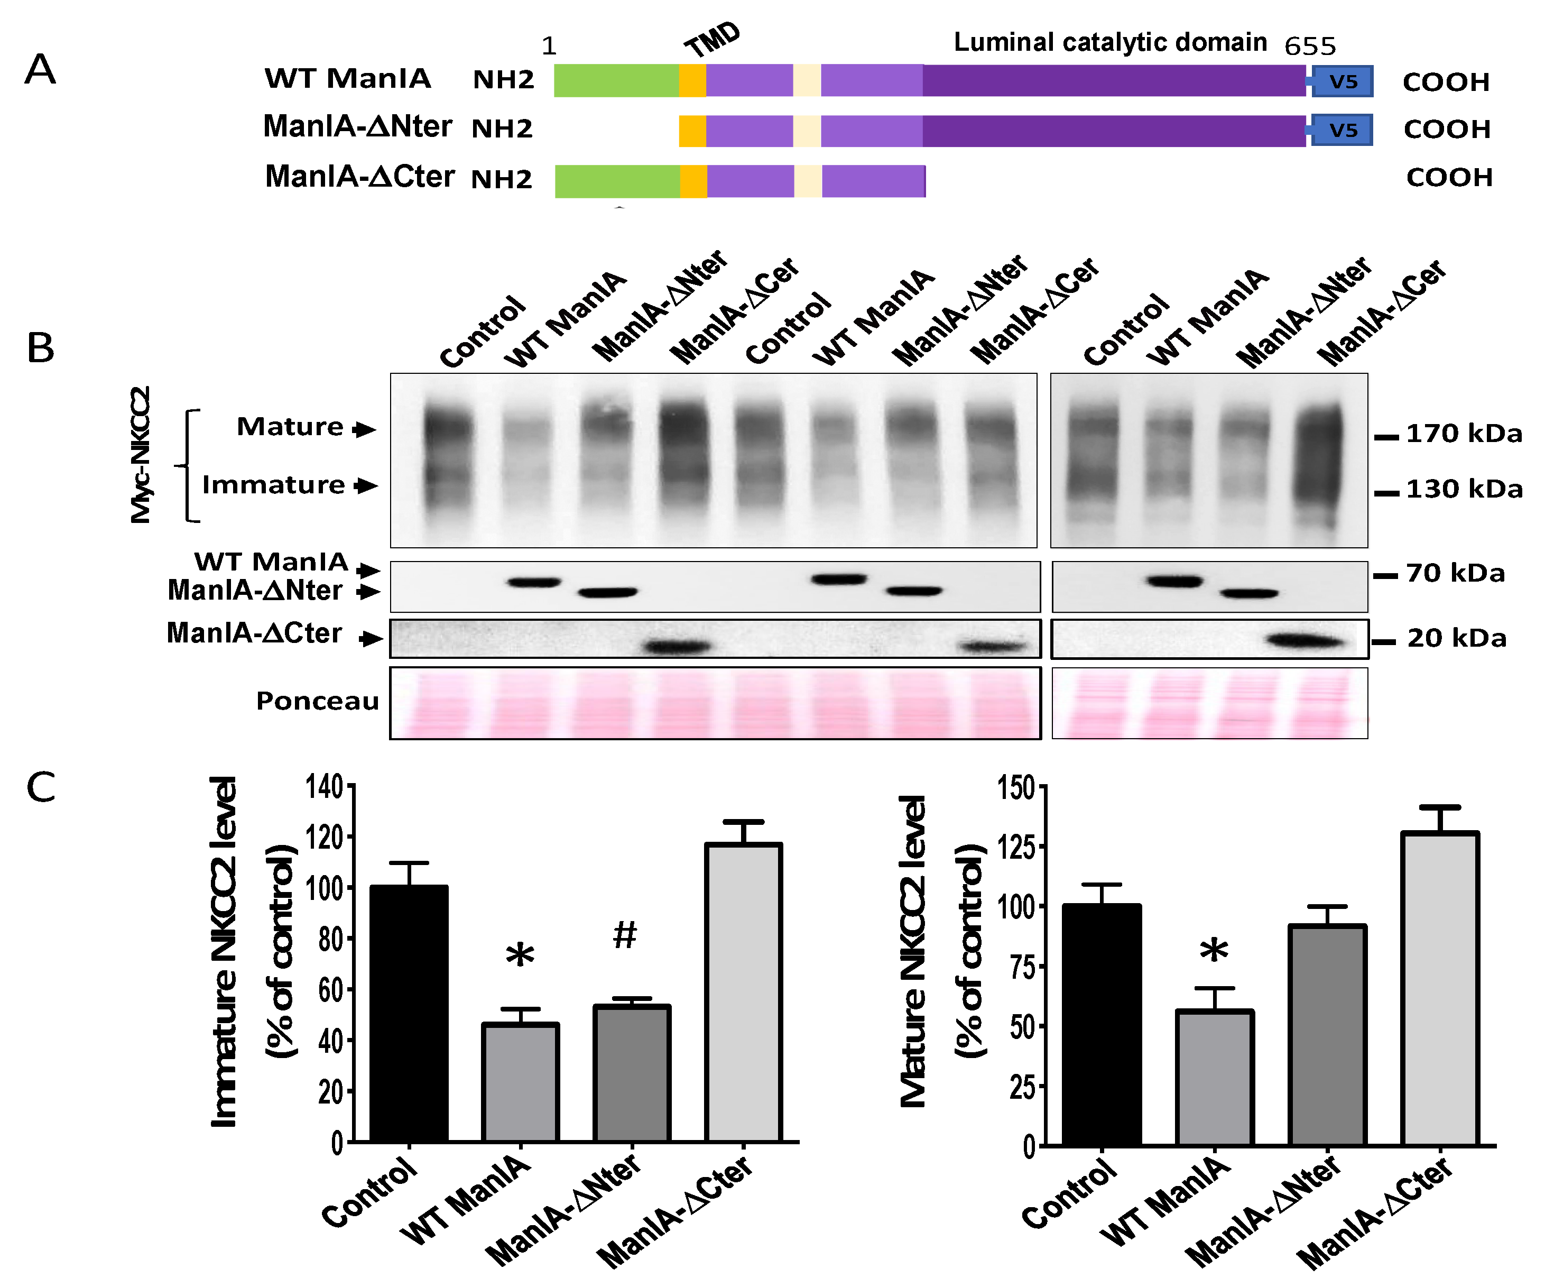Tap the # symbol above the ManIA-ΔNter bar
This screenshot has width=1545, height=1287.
[x=625, y=934]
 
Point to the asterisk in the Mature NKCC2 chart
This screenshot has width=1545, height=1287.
[x=1214, y=951]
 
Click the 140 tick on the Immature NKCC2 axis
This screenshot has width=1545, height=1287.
[x=325, y=787]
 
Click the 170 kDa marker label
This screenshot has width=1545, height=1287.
[x=1464, y=434]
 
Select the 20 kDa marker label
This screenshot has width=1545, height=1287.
[x=1457, y=638]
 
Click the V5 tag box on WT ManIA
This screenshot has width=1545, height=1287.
[x=1343, y=81]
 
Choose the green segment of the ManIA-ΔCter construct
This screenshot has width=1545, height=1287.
[x=617, y=181]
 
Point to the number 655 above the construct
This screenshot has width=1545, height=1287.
[x=1310, y=47]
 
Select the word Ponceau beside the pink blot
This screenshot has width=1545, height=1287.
[x=317, y=701]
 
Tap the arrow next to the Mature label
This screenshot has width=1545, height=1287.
[x=364, y=429]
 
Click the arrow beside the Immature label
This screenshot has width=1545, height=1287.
[x=366, y=485]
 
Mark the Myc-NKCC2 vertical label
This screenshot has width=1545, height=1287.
[x=141, y=454]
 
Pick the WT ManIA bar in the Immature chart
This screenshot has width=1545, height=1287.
[x=520, y=1082]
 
